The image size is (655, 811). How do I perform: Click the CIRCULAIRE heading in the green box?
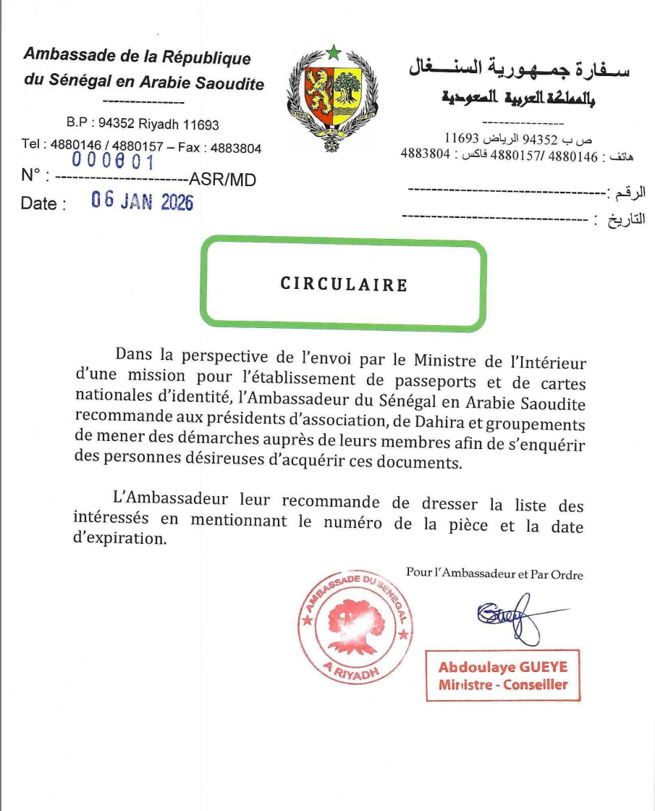point(344,285)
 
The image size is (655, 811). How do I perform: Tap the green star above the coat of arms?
point(333,52)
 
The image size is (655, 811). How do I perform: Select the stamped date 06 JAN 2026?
point(143,201)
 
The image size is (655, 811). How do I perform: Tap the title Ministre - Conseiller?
point(502,685)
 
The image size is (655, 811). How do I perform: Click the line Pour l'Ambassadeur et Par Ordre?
point(494,574)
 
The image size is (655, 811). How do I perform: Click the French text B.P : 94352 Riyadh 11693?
point(143,125)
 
